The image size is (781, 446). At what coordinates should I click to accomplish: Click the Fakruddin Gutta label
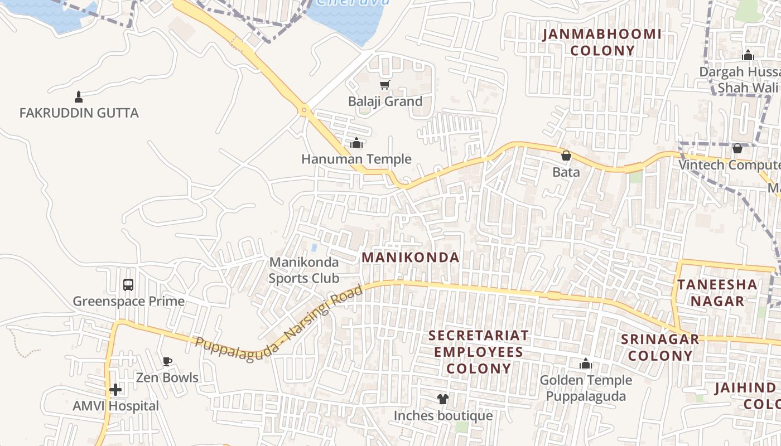[79, 113]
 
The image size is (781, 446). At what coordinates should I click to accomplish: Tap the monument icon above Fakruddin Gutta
[79, 97]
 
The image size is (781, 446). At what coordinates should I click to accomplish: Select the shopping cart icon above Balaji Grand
[384, 85]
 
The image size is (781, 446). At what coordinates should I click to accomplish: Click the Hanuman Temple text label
[356, 159]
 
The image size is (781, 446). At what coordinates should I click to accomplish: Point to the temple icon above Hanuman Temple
[356, 143]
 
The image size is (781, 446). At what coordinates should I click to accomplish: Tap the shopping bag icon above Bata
[566, 156]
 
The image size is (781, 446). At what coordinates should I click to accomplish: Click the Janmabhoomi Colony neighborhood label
[602, 42]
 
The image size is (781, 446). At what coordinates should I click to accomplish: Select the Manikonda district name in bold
[411, 258]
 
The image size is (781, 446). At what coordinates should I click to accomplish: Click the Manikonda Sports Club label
[304, 270]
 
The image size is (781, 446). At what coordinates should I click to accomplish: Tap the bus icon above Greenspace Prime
[128, 285]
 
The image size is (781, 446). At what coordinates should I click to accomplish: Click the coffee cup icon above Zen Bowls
[167, 361]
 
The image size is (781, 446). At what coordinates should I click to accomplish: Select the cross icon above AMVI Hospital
[115, 389]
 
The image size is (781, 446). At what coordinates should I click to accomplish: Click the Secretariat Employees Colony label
[479, 352]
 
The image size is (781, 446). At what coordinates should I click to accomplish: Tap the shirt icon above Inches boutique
[443, 399]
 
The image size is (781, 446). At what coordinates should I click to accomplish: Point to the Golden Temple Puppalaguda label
[586, 388]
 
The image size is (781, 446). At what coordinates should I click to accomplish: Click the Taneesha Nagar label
[717, 293]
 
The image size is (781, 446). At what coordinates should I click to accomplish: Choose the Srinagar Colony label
[660, 347]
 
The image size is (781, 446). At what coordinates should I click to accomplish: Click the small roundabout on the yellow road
[304, 110]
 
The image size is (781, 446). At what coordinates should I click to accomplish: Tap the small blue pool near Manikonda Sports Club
[314, 248]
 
